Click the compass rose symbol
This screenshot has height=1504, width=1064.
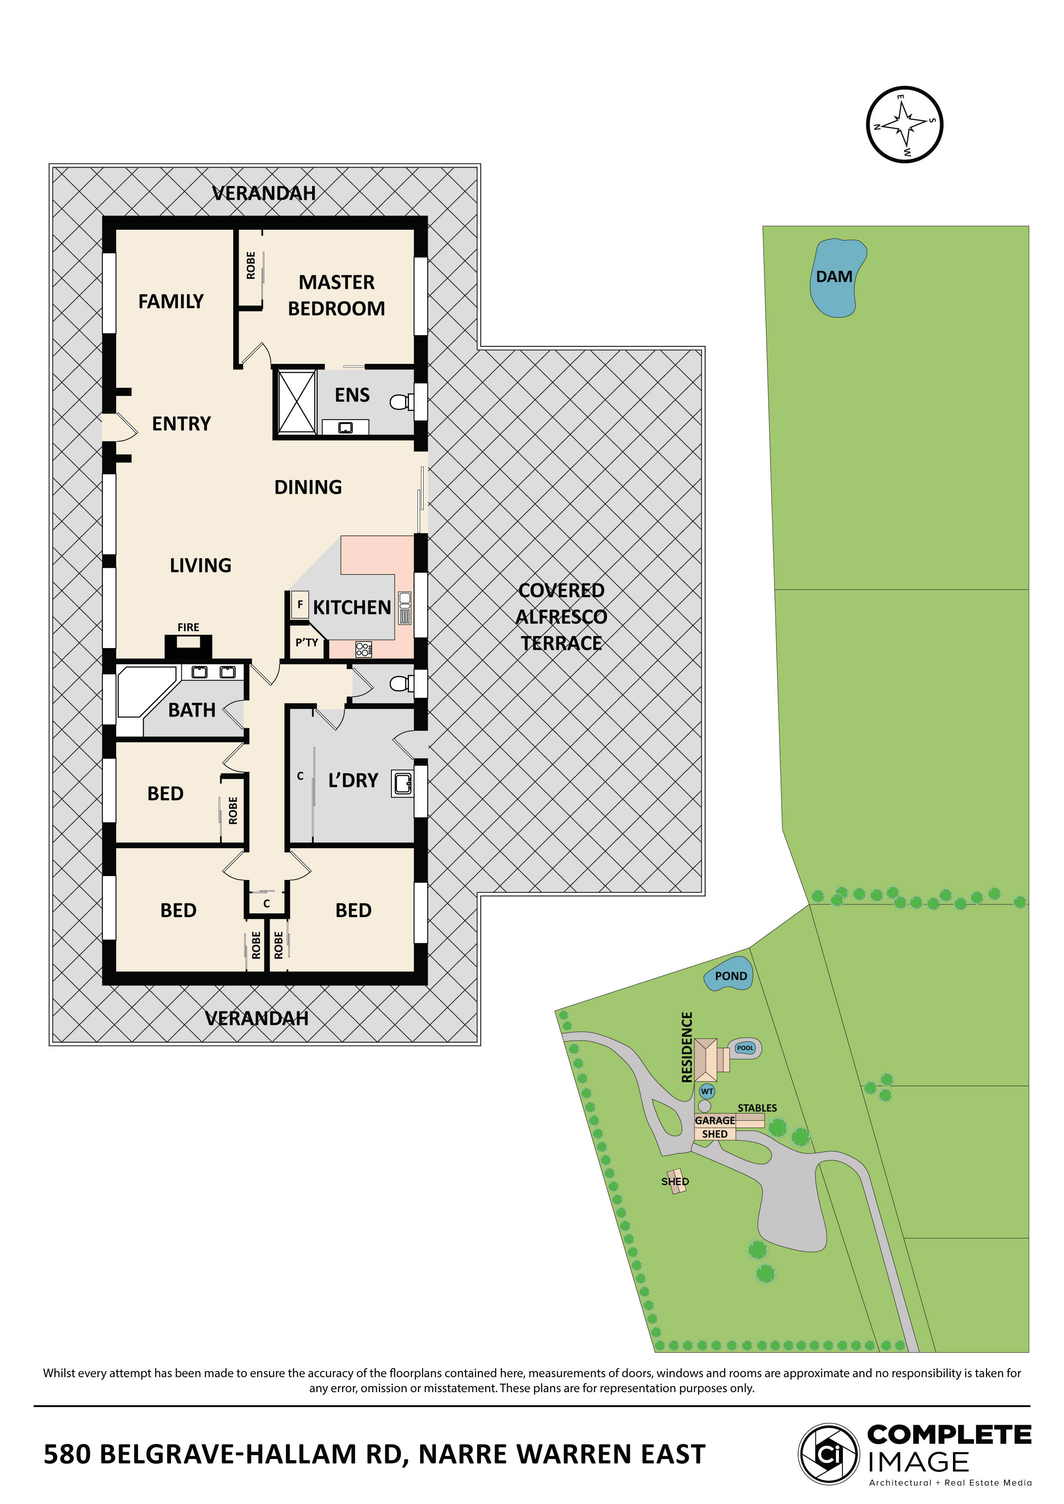(x=904, y=124)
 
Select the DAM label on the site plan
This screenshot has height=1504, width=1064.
(x=833, y=277)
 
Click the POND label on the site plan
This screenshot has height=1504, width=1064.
(x=730, y=976)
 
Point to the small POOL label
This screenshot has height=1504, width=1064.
(x=745, y=1048)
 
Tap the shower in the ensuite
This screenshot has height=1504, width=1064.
(x=297, y=402)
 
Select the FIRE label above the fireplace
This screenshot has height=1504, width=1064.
(x=188, y=627)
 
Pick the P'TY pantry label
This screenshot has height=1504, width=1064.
(x=307, y=642)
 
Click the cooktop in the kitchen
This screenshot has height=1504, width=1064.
(x=364, y=649)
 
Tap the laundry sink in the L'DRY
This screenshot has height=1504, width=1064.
(x=402, y=783)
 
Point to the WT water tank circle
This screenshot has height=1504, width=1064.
(x=707, y=1091)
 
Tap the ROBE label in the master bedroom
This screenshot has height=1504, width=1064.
(x=251, y=265)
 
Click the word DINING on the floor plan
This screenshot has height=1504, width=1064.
(x=308, y=487)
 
